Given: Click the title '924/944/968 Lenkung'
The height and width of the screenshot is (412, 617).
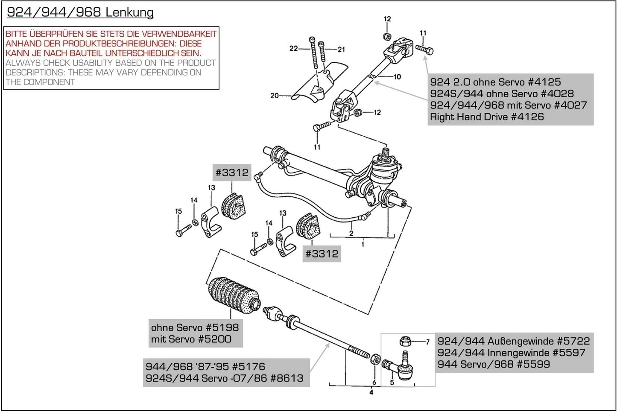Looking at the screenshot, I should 80,12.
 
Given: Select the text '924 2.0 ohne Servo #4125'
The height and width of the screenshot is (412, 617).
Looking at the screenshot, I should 495,82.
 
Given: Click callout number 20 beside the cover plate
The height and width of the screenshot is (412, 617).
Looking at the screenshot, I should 274,96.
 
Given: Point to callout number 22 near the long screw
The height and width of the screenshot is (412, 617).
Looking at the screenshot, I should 293,49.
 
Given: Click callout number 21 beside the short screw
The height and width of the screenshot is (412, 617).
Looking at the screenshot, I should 341,50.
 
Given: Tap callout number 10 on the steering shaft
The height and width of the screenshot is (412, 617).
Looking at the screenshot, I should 397,77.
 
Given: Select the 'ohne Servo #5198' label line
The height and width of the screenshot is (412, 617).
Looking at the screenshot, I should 195,327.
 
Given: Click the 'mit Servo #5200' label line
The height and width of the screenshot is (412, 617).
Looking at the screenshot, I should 191,339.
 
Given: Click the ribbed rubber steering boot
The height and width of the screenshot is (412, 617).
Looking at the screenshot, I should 233,295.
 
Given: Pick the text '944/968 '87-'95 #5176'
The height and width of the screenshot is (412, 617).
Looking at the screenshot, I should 205,366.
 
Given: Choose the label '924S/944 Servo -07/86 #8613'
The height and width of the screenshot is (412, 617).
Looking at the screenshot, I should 224,378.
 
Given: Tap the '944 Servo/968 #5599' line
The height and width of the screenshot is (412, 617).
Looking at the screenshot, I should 494,364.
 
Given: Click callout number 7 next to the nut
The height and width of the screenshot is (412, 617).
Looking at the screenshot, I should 427,342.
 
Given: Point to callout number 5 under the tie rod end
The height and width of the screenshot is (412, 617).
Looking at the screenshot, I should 392,382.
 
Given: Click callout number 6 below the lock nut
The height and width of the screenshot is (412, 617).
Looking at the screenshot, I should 374,382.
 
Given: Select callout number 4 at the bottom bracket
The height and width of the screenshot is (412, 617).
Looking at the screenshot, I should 371,392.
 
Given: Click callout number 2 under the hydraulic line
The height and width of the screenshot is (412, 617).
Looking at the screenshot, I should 351,234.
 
